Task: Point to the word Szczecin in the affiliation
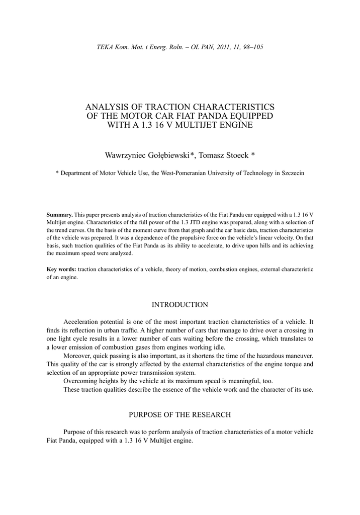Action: [x=291, y=173]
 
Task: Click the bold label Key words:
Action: [x=61, y=269]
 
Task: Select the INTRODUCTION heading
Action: [x=179, y=305]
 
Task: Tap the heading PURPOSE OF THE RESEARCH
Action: [x=179, y=414]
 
